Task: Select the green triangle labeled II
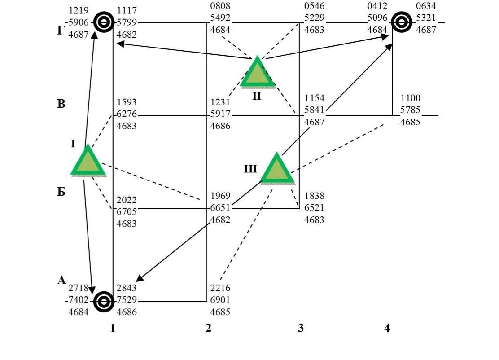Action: pyautogui.click(x=257, y=73)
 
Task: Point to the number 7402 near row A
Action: pyautogui.click(x=79, y=300)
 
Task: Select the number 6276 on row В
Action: pyautogui.click(x=127, y=114)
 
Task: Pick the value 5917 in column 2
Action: pyautogui.click(x=220, y=114)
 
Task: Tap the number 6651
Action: pyautogui.click(x=220, y=208)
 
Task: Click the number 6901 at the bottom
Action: pyautogui.click(x=220, y=299)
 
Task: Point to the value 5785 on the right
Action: pyautogui.click(x=410, y=110)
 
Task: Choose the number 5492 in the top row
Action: pyautogui.click(x=220, y=19)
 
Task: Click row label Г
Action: pyautogui.click(x=61, y=31)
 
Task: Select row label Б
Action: pyautogui.click(x=61, y=193)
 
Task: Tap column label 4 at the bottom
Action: pyautogui.click(x=387, y=329)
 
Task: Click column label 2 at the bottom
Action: pyautogui.click(x=208, y=329)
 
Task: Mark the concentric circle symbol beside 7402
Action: pyautogui.click(x=104, y=302)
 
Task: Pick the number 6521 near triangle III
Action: pyautogui.click(x=314, y=208)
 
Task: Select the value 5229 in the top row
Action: pyautogui.click(x=314, y=19)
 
